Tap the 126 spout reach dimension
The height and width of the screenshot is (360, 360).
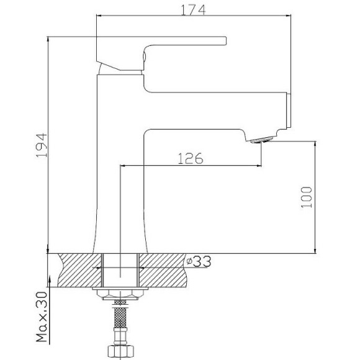click(191, 158)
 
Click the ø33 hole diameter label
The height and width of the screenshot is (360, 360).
click(198, 262)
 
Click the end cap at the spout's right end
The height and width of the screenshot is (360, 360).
click(287, 111)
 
